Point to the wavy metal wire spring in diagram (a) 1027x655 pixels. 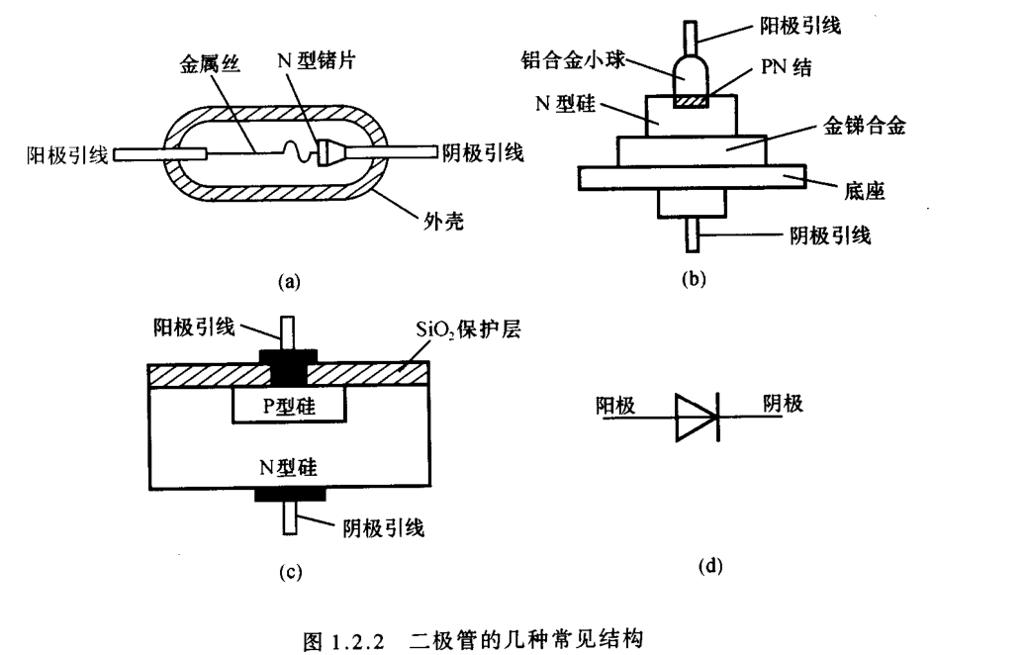pos(294,153)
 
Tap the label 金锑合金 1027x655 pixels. pos(865,127)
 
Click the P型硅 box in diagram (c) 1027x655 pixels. pos(288,405)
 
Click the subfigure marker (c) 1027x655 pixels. pos(288,571)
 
